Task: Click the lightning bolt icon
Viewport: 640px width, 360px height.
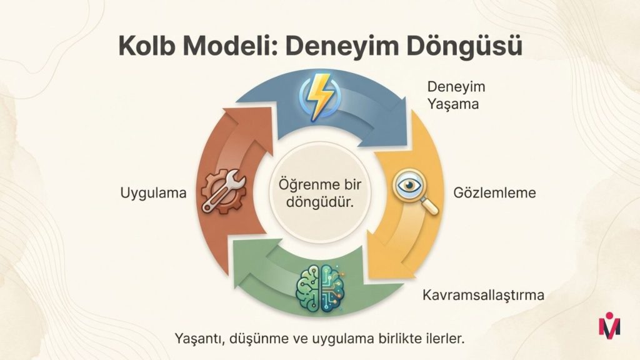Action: pos(319,97)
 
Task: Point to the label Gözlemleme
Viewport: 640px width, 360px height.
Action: pos(494,192)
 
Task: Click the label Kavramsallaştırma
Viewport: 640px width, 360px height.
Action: pos(483,295)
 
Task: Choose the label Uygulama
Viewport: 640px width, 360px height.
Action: pos(153,193)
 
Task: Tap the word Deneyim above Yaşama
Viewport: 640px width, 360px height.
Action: pos(456,87)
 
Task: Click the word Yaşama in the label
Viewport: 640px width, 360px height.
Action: pos(452,104)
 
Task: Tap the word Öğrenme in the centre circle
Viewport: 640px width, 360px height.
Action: pos(302,184)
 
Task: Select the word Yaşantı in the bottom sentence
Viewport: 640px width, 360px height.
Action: pos(199,339)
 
